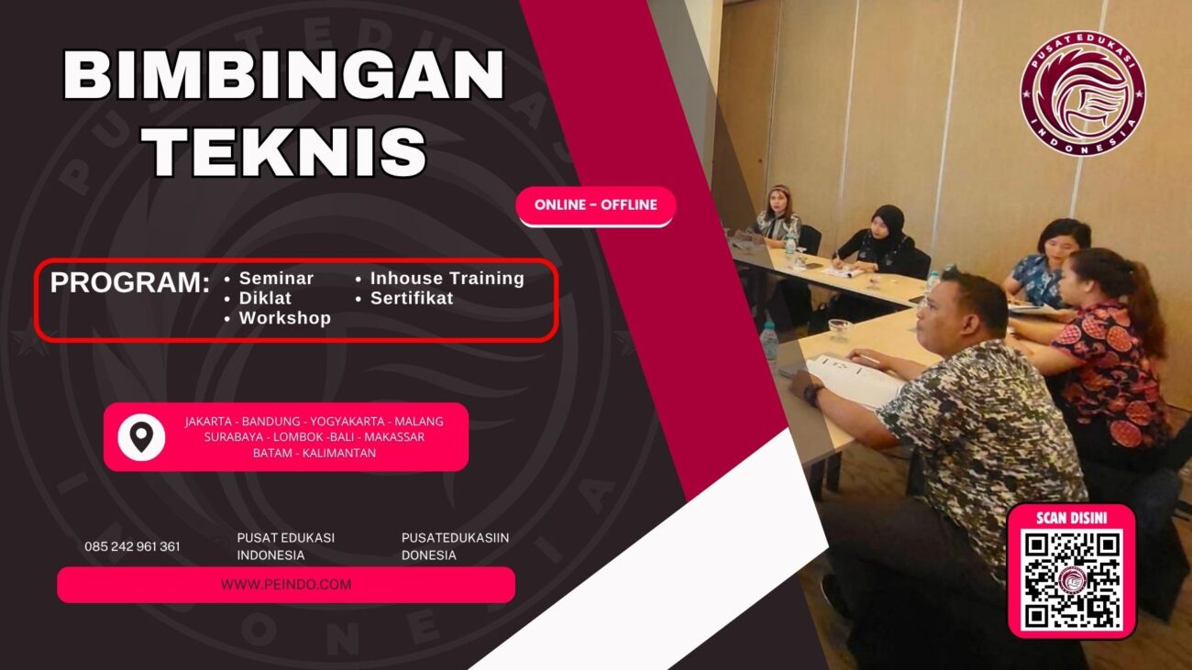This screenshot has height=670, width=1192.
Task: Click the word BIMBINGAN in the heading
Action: coord(284,75)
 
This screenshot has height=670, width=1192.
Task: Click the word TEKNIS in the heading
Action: coord(289,150)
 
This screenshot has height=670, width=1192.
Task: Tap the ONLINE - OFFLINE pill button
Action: coord(596,205)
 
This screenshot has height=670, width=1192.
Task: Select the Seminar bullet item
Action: coord(276,279)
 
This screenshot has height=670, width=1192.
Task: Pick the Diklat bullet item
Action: coord(265,298)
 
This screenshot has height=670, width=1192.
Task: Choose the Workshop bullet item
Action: coord(284,318)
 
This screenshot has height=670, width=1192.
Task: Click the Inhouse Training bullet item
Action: coord(447,279)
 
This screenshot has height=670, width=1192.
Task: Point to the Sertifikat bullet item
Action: coord(412,298)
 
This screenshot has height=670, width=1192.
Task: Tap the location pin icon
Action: coord(141,437)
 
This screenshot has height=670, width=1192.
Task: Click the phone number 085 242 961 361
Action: coord(132,546)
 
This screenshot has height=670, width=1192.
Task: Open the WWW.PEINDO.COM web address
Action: coord(286,585)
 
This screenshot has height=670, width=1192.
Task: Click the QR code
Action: coord(1071,580)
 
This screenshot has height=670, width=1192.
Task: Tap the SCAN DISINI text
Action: coord(1071,518)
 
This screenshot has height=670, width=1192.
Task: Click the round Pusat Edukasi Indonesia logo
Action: coord(1082,93)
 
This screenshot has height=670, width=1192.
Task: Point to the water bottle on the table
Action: coord(768,341)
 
